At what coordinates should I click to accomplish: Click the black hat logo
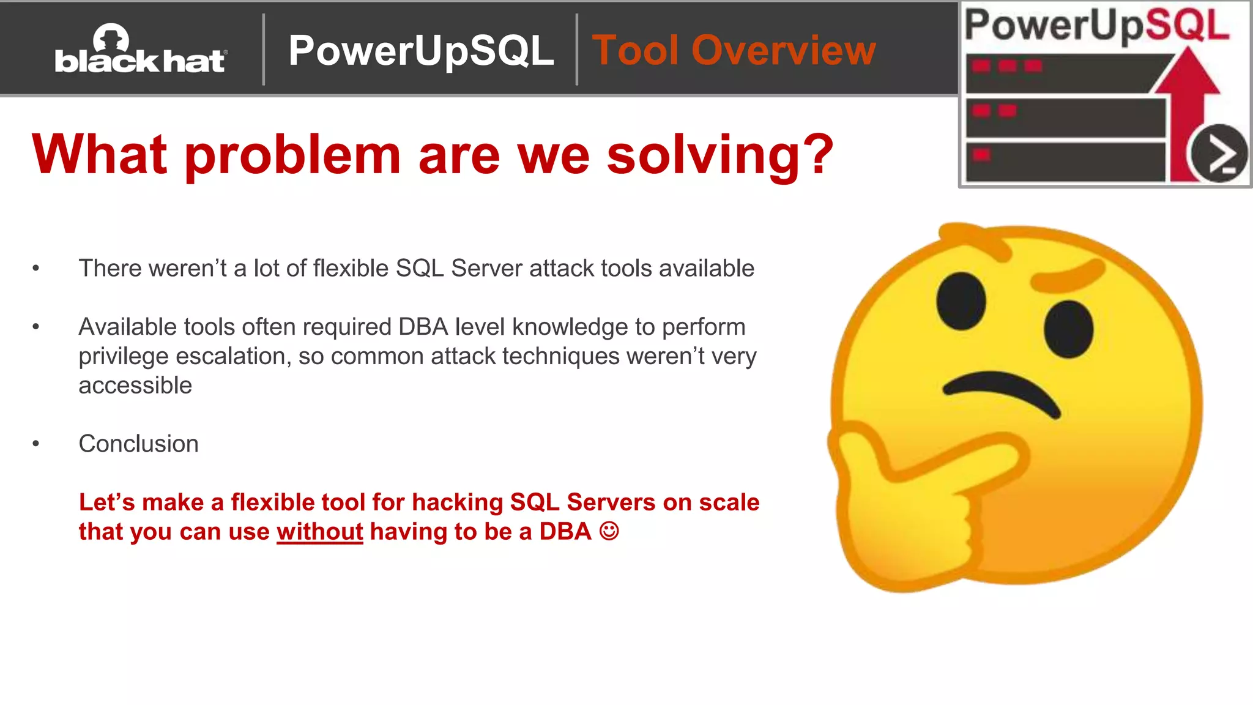point(141,51)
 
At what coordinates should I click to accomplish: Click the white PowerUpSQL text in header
point(421,51)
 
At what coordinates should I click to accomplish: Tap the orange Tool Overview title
point(734,51)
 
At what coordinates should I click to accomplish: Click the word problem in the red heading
point(292,155)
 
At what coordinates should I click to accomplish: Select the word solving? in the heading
point(720,155)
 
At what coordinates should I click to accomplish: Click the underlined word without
point(319,532)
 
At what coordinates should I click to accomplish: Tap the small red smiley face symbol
point(609,531)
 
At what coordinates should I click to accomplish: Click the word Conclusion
point(138,444)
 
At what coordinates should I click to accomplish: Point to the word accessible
point(135,386)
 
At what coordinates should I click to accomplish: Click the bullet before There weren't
point(36,268)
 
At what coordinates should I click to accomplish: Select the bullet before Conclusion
point(36,444)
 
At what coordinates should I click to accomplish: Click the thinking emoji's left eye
point(961,301)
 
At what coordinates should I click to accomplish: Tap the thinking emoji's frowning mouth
point(1002,392)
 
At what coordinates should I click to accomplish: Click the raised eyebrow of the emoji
point(1068,275)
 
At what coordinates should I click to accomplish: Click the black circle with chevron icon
point(1219,154)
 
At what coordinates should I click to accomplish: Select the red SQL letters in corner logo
point(1187,26)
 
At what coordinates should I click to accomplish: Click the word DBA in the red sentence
point(565,532)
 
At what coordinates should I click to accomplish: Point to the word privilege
point(123,357)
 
